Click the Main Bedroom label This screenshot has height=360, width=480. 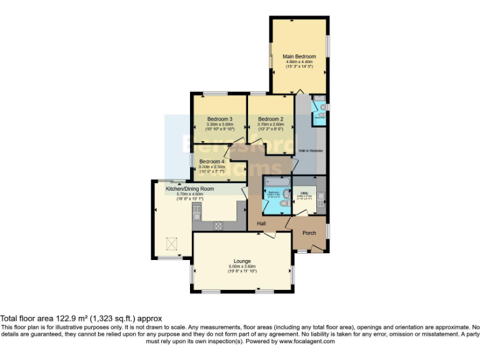(x=299, y=56)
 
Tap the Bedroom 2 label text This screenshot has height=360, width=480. (x=271, y=119)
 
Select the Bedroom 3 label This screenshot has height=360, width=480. (x=219, y=119)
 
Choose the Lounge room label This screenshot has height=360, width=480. (x=242, y=261)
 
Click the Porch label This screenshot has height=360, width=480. (x=309, y=232)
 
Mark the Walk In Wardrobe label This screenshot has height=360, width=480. (x=309, y=151)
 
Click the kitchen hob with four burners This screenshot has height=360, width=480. (x=219, y=226)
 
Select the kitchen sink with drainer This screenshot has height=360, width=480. (x=196, y=214)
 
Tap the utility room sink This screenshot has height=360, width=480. (x=321, y=197)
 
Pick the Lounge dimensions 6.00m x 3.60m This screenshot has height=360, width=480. (x=242, y=267)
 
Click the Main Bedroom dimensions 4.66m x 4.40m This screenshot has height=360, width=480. (x=299, y=62)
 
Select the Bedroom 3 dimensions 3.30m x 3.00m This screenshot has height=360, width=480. (x=219, y=124)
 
